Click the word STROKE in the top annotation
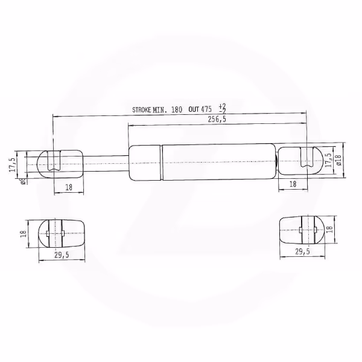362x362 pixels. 142,109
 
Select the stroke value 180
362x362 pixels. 177,109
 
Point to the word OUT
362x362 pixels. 194,109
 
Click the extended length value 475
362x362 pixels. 206,109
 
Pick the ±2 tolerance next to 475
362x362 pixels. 222,109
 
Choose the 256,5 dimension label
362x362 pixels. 217,119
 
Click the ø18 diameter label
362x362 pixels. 339,160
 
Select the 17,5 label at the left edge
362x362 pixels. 13,165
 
